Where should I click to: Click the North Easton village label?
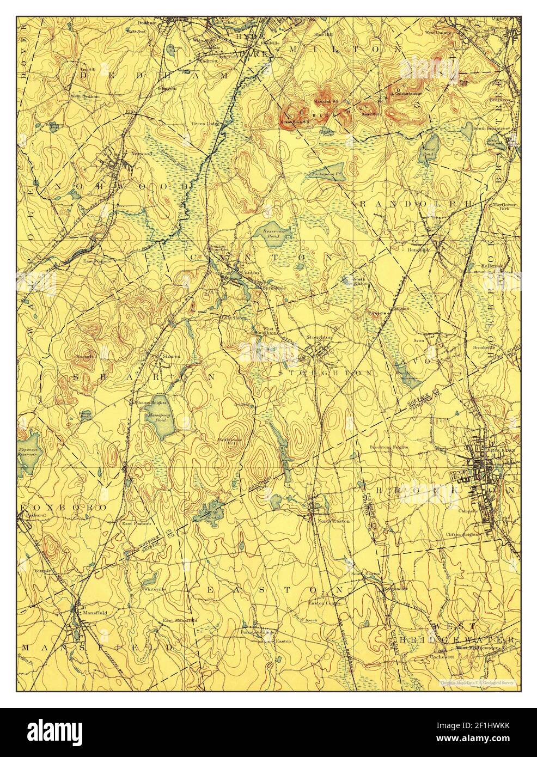pyautogui.click(x=333, y=521)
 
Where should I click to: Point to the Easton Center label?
pyautogui.click(x=325, y=603)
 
